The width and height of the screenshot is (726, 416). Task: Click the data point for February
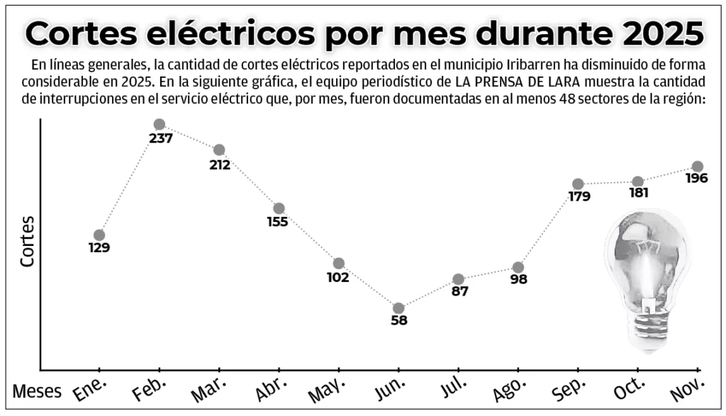pos(160,125)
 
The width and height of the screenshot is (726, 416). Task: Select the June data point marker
pos(398,308)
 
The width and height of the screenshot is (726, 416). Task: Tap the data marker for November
pos(698,167)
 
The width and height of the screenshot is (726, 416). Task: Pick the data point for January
pos(99,235)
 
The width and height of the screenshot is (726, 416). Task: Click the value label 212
pos(220,165)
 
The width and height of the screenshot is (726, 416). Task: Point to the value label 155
pos(277,222)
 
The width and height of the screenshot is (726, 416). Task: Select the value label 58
pos(399,321)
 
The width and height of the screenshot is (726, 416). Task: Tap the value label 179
pos(579,197)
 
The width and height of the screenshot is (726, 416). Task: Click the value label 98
pos(518,280)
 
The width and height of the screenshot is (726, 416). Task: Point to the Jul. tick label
pos(451,386)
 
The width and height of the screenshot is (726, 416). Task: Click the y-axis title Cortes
pos(28,241)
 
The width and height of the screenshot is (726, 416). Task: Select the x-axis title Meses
pos(37,392)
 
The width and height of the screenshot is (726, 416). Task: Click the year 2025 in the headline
pos(659,33)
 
